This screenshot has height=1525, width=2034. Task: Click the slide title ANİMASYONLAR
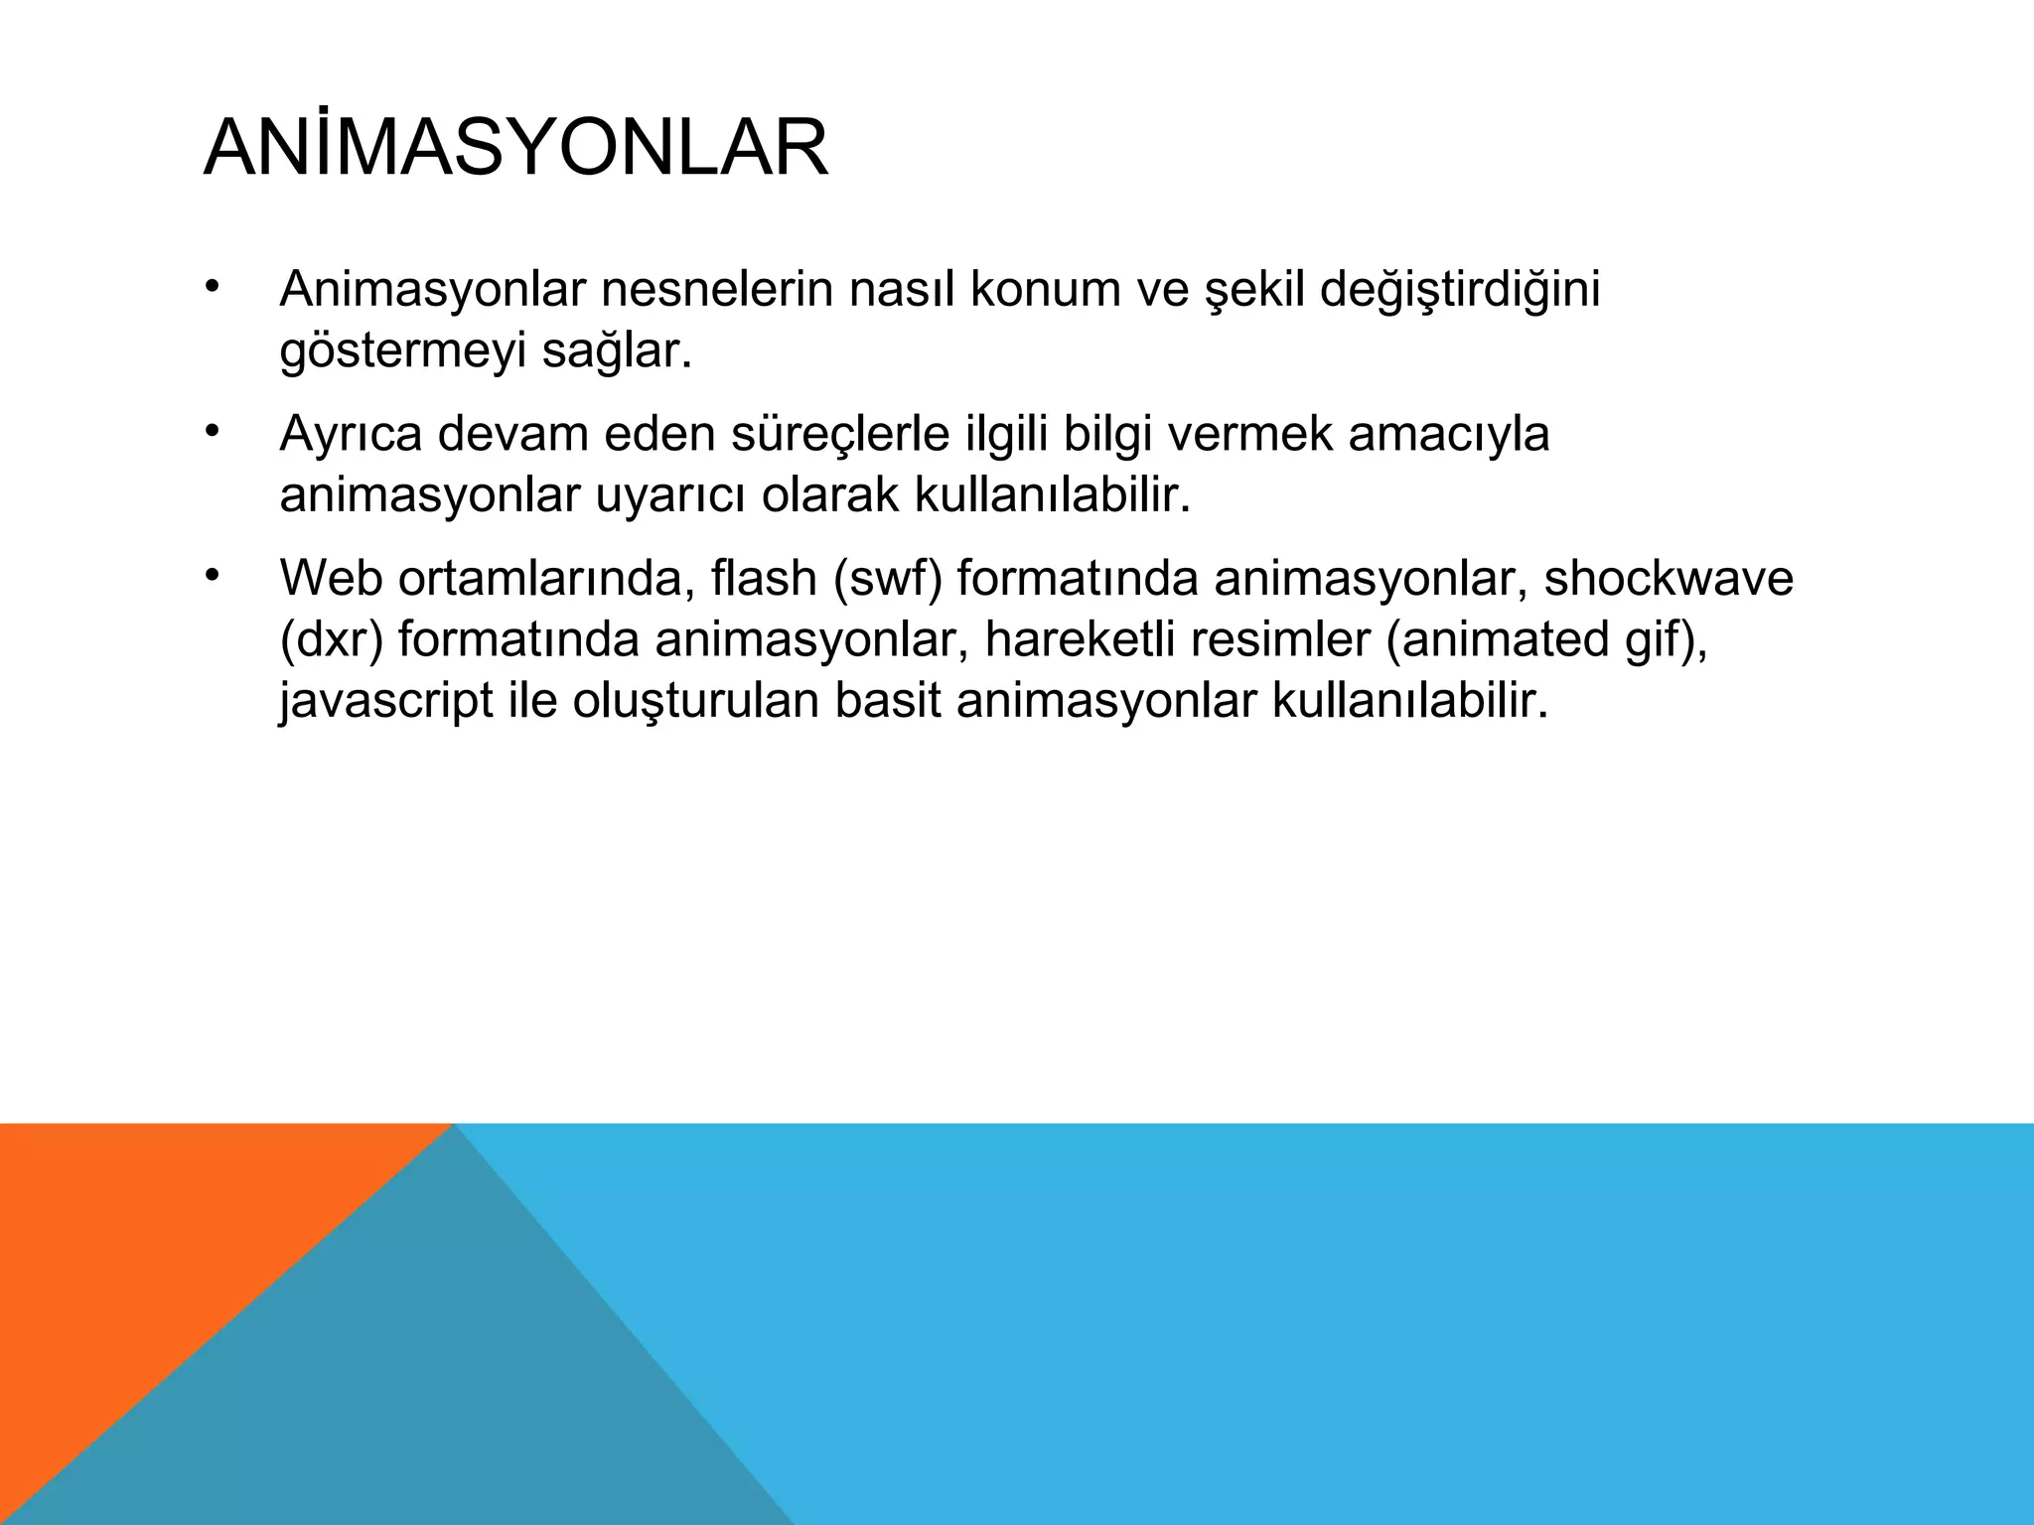pyautogui.click(x=515, y=149)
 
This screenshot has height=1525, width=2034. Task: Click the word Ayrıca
pyautogui.click(x=351, y=435)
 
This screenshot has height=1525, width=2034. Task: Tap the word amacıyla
pyautogui.click(x=1449, y=435)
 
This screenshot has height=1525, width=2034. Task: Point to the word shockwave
pyautogui.click(x=1669, y=579)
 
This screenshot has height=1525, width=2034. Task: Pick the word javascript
pyautogui.click(x=386, y=702)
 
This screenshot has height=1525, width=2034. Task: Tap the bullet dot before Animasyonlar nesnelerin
pyautogui.click(x=212, y=288)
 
